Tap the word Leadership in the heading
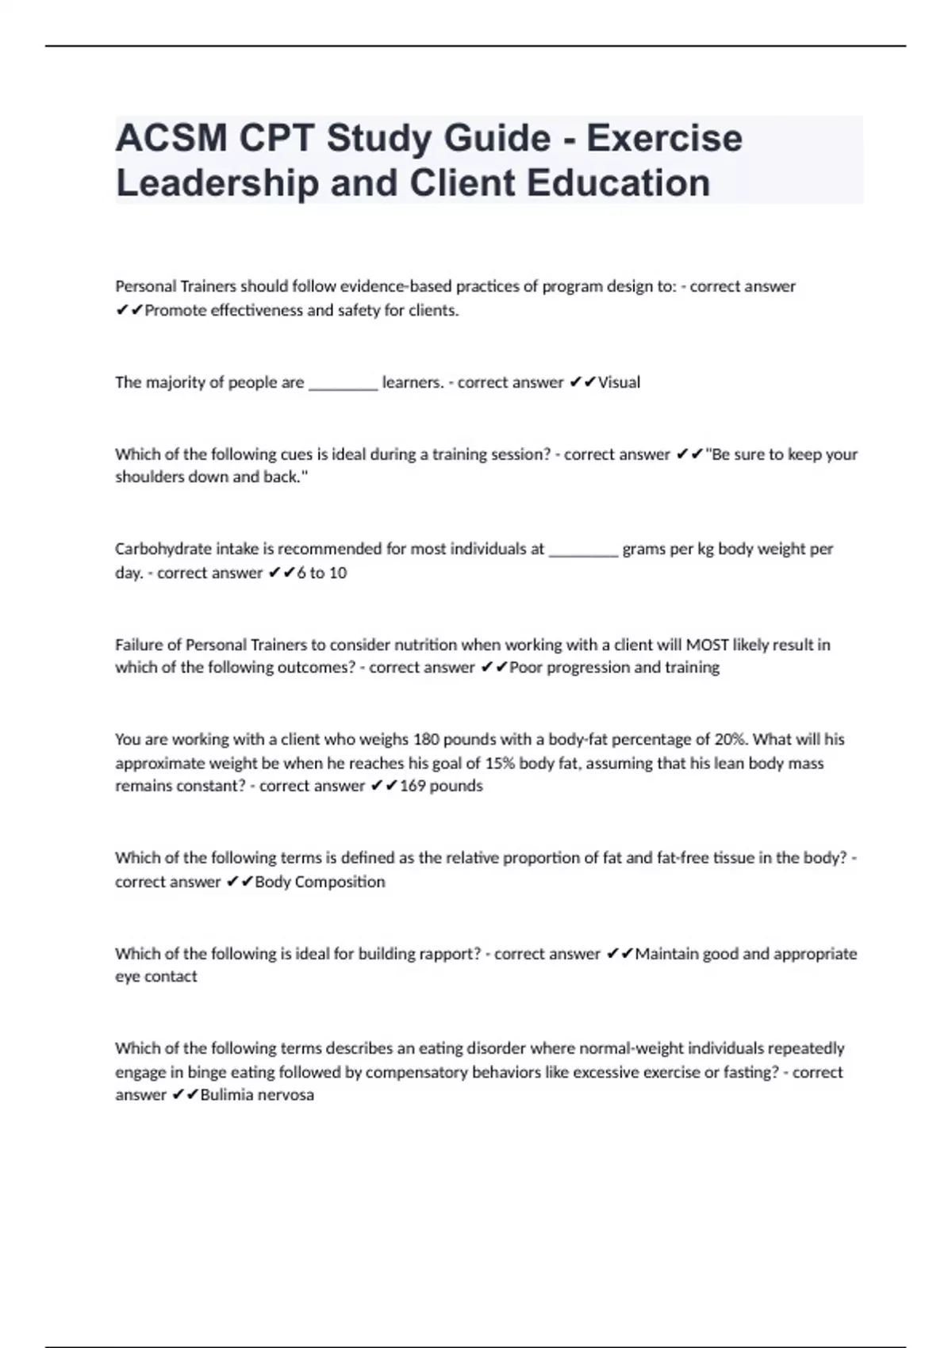point(217,183)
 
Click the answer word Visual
point(619,382)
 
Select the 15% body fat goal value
point(500,763)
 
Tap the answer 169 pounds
point(441,786)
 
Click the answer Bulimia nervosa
point(257,1095)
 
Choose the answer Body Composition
point(320,882)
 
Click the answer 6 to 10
point(321,573)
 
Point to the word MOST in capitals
point(707,645)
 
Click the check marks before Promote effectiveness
point(129,311)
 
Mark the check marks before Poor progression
point(494,668)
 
